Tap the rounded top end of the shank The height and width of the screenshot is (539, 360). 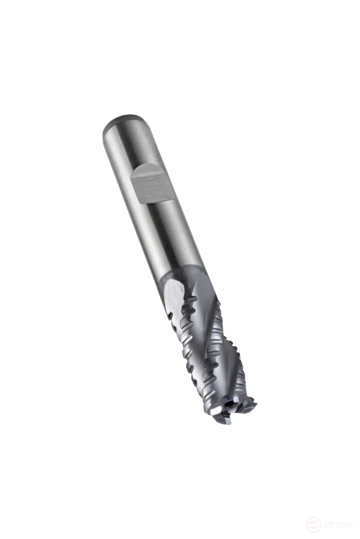[x=117, y=126]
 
